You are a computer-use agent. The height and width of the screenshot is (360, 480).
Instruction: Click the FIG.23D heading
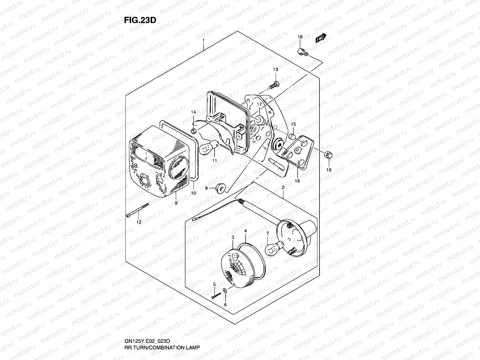[140, 20]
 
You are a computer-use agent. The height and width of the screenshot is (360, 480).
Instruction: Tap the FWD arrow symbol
[320, 38]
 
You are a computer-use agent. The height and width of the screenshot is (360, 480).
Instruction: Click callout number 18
[300, 37]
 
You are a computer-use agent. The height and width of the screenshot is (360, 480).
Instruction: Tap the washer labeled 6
[225, 290]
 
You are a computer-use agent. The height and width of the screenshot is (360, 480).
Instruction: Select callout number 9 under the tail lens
[176, 203]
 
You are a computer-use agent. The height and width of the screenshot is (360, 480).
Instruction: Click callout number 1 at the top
[203, 40]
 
